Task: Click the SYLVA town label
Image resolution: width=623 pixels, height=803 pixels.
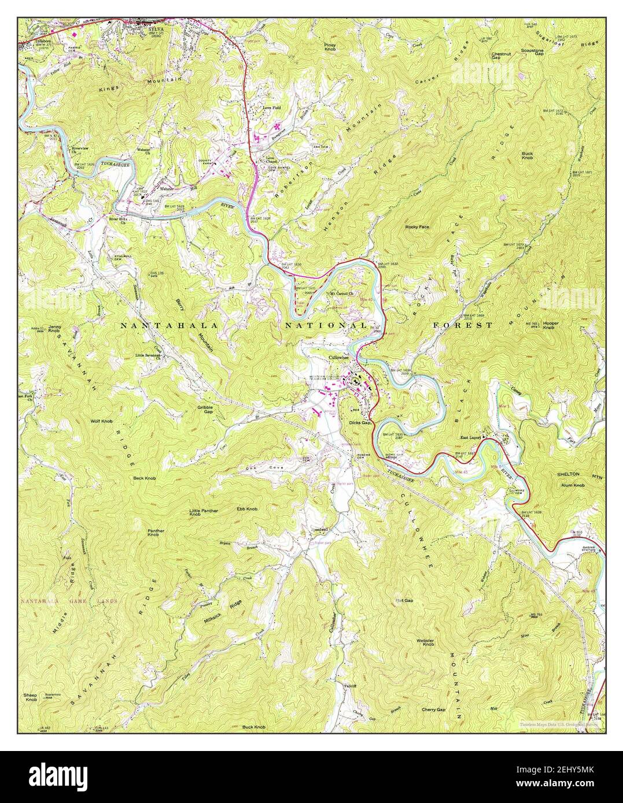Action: [x=149, y=26]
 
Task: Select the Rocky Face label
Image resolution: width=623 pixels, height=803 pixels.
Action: [x=417, y=227]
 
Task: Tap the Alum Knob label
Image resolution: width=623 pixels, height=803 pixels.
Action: [x=573, y=485]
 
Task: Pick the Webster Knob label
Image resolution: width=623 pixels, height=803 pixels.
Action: [x=425, y=641]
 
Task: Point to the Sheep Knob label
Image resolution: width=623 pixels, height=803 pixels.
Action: [x=31, y=697]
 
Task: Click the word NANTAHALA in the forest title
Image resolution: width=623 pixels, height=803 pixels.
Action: [x=169, y=326]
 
